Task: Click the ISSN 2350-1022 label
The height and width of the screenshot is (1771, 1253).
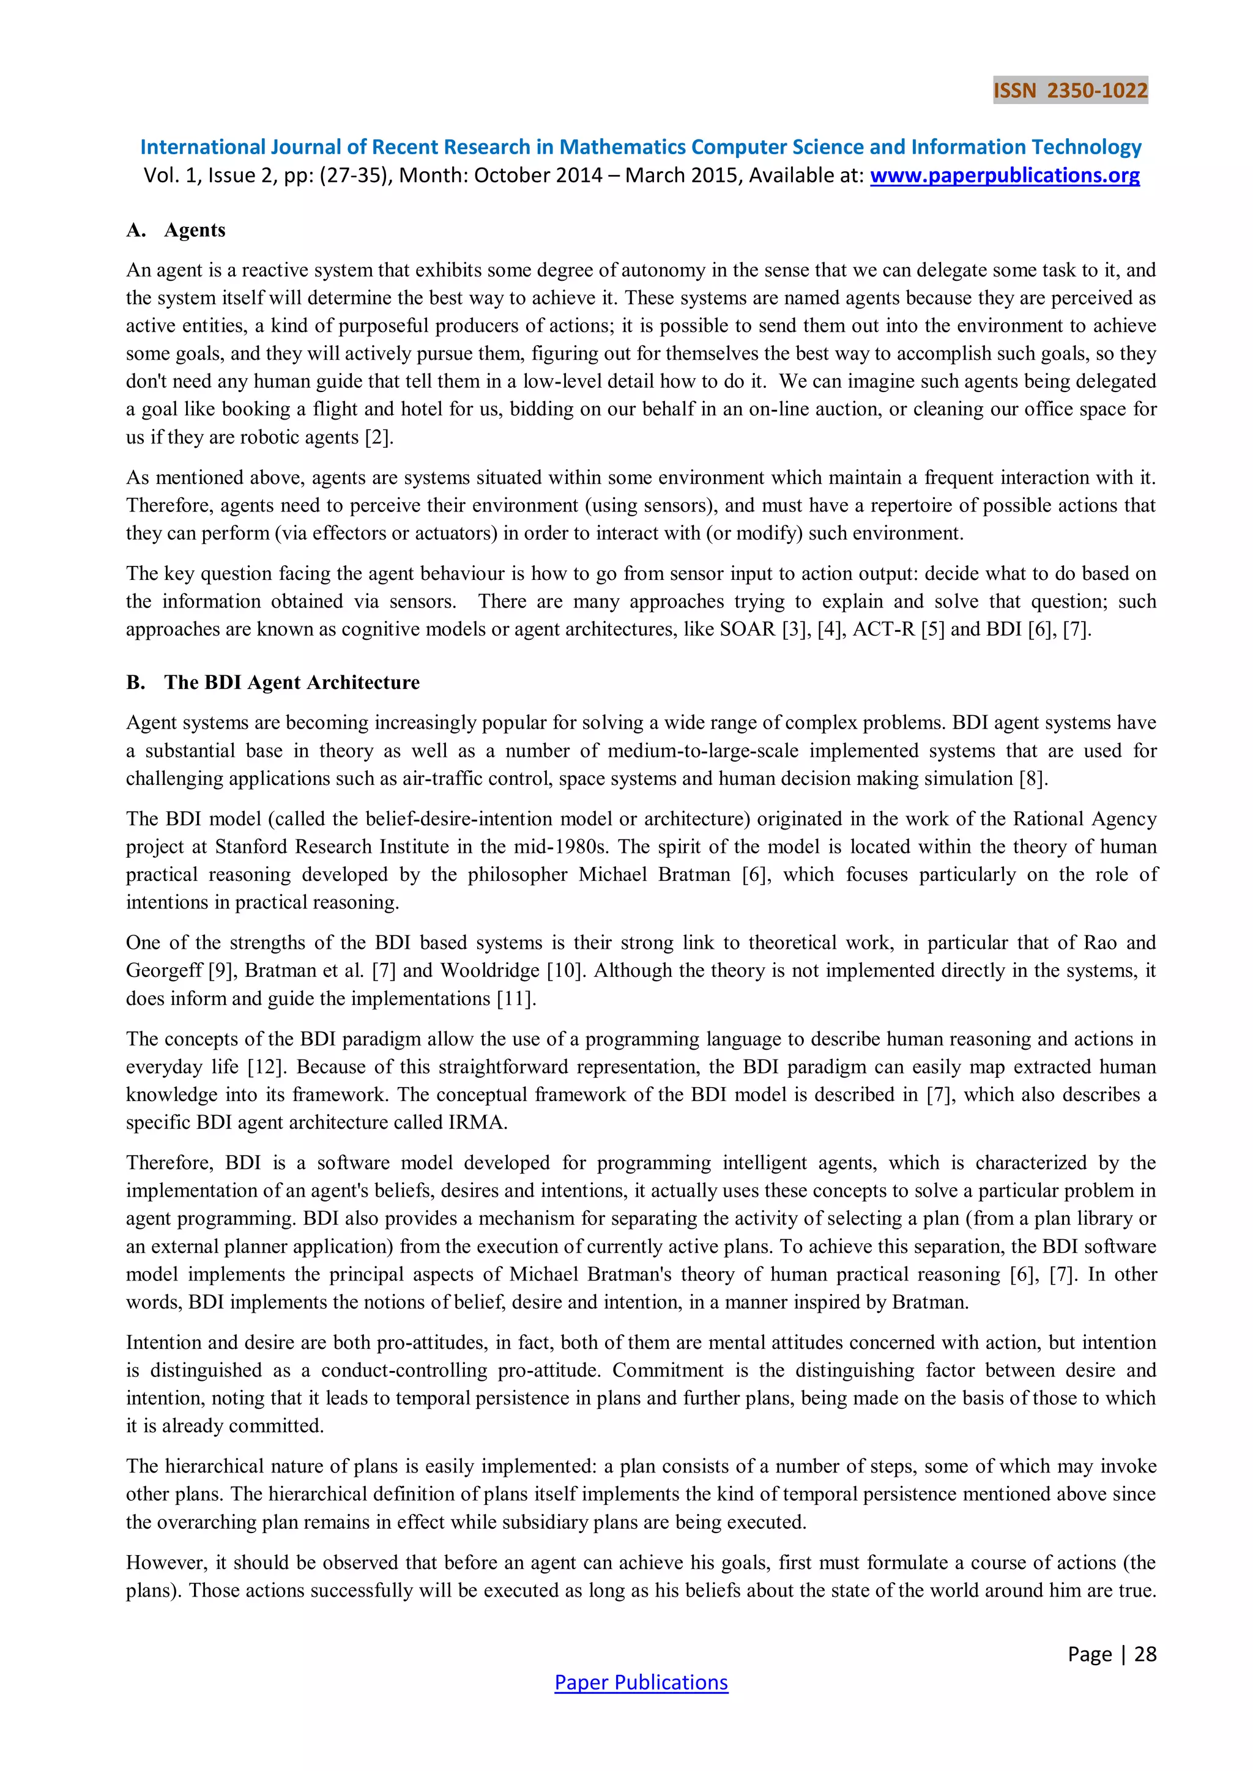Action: (1069, 91)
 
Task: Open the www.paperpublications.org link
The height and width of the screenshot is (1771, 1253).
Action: (1005, 175)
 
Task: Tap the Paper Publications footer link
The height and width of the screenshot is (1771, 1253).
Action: (641, 1682)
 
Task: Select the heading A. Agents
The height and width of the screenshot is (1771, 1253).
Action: (176, 230)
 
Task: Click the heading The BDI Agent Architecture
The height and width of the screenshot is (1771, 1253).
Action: (292, 683)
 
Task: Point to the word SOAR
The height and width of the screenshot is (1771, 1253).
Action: (747, 629)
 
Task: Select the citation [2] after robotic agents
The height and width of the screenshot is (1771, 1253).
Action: (379, 437)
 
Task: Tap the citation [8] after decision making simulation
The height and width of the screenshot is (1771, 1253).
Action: (1033, 778)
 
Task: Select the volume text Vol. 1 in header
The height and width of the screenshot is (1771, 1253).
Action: (171, 175)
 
